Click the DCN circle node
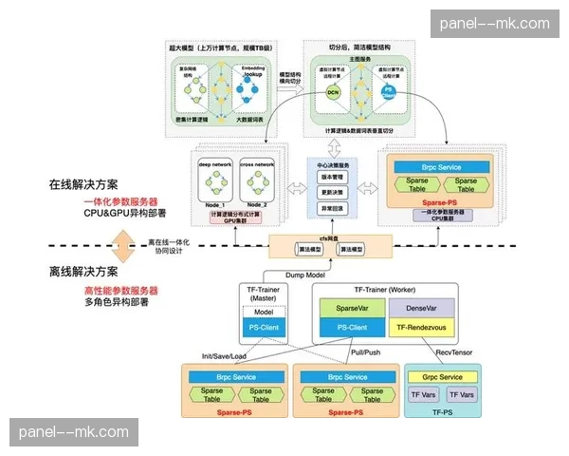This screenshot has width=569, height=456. point(332,92)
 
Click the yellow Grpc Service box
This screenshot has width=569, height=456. point(443,377)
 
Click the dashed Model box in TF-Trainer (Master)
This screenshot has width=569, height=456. point(263,313)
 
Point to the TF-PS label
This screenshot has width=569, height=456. point(443,414)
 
